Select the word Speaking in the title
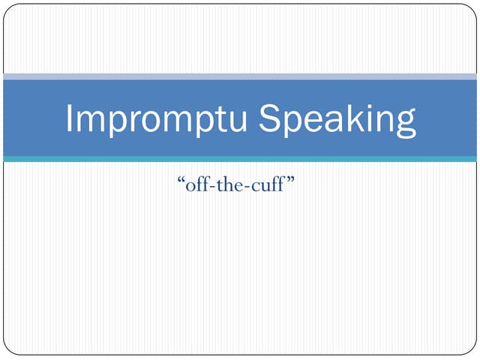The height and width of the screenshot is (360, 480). coord(337,120)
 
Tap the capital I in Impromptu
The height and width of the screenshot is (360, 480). coord(70,118)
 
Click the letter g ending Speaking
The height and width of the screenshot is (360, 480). coord(405,124)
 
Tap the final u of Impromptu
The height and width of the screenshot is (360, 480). coord(238,121)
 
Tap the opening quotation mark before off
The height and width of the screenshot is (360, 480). coord(181,180)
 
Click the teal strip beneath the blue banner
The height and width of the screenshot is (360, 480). coord(240,159)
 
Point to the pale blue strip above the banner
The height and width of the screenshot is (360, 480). coord(240,76)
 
